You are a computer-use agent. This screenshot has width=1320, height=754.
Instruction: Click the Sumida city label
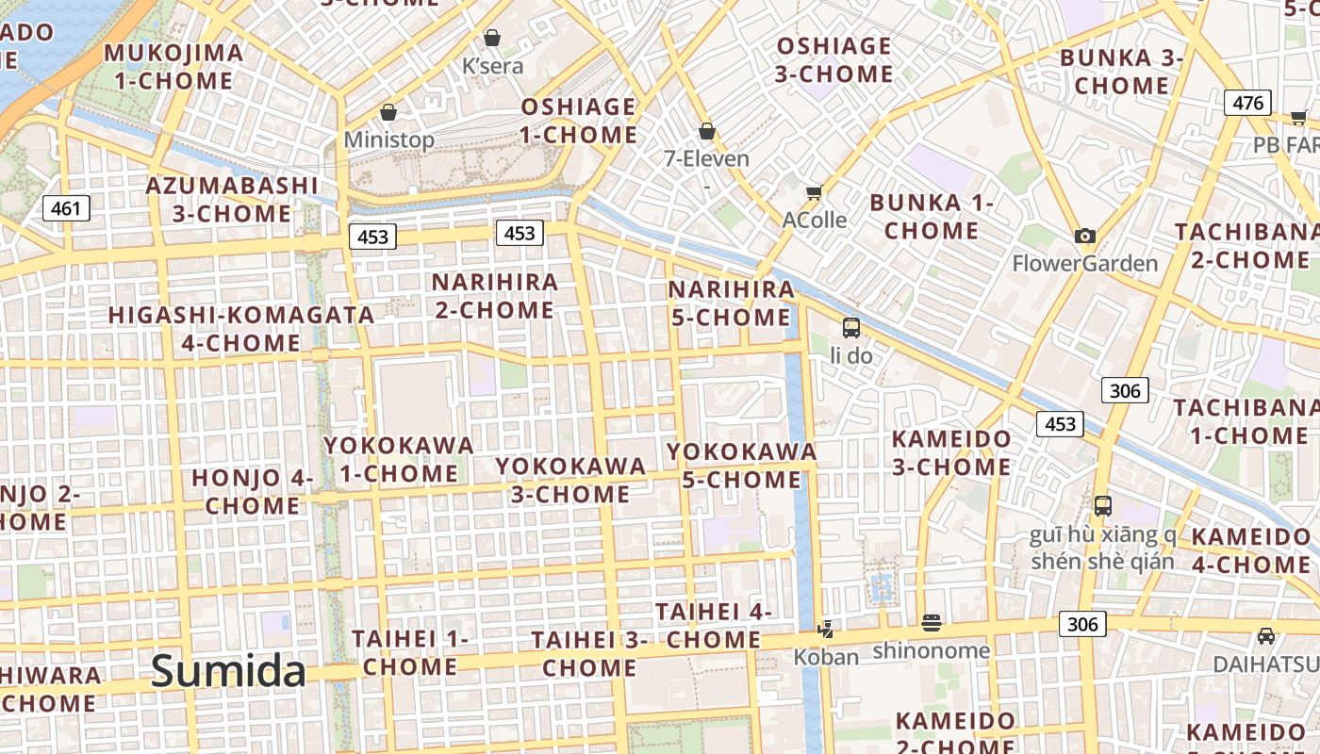[228, 672]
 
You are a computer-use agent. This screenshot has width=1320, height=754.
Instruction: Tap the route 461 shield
[66, 207]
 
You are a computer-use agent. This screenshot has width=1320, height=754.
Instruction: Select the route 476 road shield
[1247, 103]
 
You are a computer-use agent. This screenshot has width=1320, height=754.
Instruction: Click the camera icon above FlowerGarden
[1085, 236]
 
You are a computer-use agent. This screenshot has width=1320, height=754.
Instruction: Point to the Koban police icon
[826, 629]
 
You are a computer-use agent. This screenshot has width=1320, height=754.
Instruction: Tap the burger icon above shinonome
[932, 623]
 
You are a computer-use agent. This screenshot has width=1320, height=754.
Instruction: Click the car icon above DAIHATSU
[1266, 636]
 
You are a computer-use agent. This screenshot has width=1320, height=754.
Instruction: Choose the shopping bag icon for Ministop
[388, 113]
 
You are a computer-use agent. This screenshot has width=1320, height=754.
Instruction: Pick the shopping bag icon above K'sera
[491, 38]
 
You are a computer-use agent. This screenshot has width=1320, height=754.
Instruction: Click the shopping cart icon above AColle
[814, 192]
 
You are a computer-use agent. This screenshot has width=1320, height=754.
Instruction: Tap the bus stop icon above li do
[851, 328]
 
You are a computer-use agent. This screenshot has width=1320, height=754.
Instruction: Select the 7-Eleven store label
[707, 158]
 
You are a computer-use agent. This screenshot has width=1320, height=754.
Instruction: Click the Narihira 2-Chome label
[494, 296]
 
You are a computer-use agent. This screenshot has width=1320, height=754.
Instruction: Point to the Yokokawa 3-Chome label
[570, 480]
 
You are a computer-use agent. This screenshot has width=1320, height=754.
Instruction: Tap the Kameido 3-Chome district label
[951, 452]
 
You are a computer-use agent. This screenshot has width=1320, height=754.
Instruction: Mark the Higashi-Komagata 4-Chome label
[241, 328]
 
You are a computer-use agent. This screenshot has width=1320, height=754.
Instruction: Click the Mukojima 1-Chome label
[173, 66]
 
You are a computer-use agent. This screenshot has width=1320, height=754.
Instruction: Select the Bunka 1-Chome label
[932, 216]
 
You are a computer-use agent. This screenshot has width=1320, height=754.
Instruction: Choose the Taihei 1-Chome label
[410, 652]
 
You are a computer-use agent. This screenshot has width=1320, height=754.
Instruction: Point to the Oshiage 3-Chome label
[833, 59]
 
